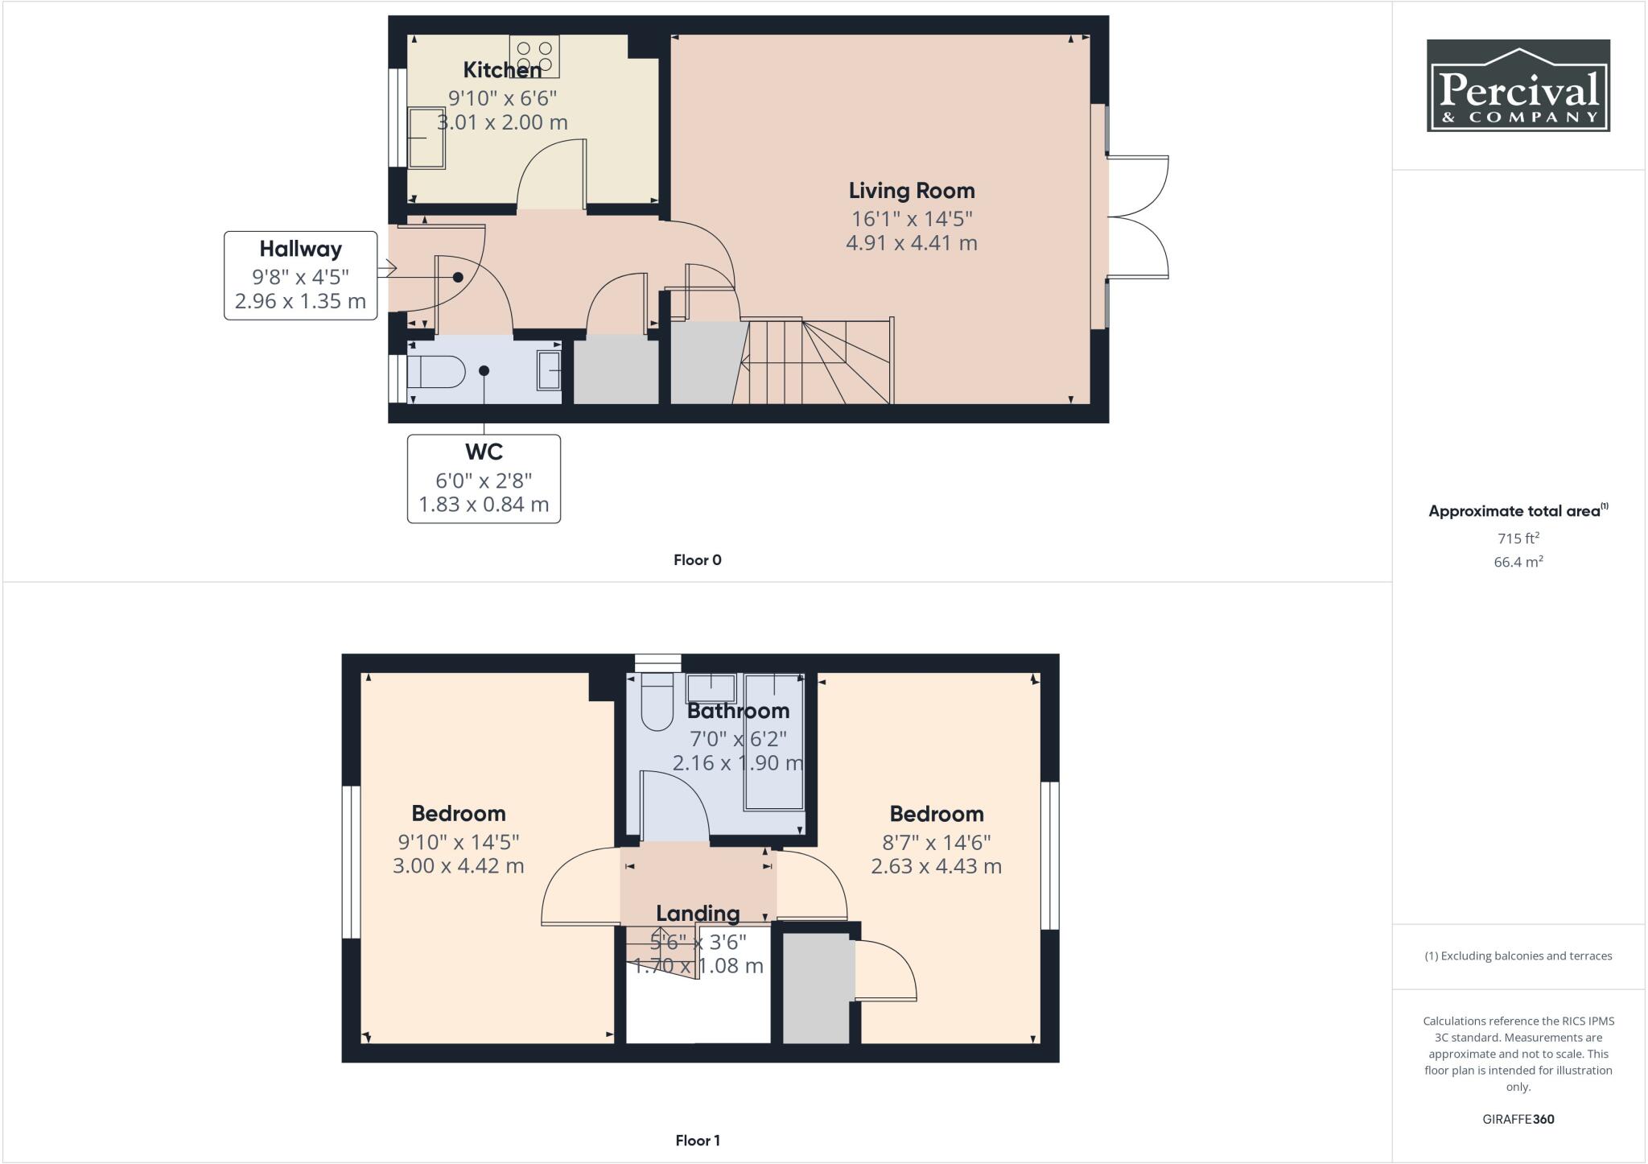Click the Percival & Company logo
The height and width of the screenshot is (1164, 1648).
(1518, 86)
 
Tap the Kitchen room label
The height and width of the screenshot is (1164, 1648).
(502, 71)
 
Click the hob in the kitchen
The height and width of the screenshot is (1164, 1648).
(534, 56)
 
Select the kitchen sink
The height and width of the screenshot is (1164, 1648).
(426, 138)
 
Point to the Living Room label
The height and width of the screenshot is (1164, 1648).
(912, 191)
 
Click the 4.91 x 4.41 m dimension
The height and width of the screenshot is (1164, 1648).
(911, 242)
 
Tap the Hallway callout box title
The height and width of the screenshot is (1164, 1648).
(300, 250)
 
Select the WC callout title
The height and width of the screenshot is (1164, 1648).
(484, 452)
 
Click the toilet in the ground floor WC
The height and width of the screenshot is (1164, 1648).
(435, 373)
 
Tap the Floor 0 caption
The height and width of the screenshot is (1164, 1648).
(698, 560)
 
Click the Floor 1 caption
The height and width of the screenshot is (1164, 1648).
(698, 1141)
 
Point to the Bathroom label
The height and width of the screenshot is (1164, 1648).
(738, 712)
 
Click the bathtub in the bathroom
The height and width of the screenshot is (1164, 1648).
(774, 753)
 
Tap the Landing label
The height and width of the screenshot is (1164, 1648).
(698, 914)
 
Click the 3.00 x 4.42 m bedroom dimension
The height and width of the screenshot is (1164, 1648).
(458, 866)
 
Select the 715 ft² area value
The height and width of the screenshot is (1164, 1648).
(1518, 539)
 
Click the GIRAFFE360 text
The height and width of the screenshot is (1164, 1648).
(1518, 1119)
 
